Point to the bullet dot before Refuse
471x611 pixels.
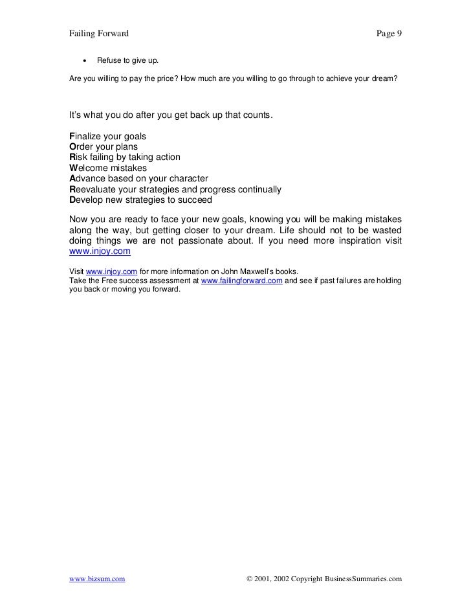(x=84, y=61)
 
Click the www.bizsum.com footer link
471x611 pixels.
(x=97, y=579)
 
